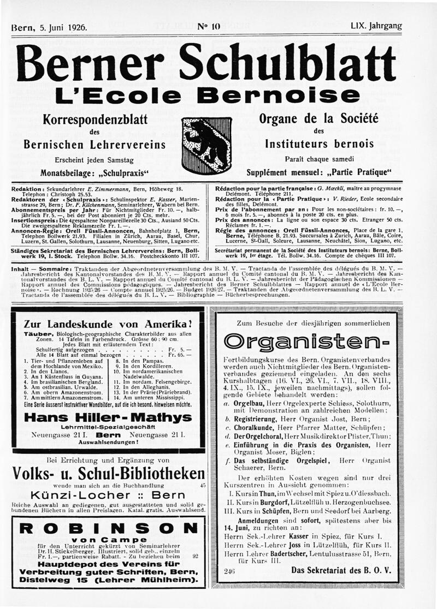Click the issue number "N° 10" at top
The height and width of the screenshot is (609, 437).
pyautogui.click(x=208, y=25)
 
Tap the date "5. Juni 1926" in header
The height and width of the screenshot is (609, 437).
pyautogui.click(x=61, y=26)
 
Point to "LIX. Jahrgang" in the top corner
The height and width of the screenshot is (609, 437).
pyautogui.click(x=376, y=26)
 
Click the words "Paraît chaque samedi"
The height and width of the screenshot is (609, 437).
pyautogui.click(x=320, y=159)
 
